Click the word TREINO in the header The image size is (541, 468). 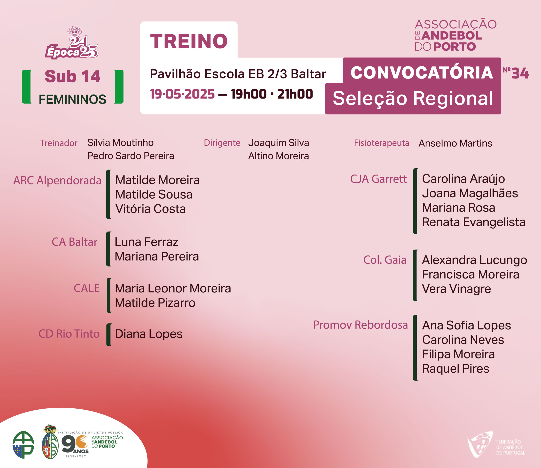[189, 41]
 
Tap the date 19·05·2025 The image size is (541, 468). [182, 94]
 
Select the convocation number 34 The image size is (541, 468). [520, 73]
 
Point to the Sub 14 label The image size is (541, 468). [72, 76]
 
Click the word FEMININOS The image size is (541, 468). [72, 99]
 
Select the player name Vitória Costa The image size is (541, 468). [150, 209]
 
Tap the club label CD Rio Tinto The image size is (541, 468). [69, 334]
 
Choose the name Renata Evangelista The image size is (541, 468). [474, 222]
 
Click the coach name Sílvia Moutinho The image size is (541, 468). [120, 143]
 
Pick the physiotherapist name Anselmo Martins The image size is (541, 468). [455, 143]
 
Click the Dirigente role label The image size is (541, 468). [222, 143]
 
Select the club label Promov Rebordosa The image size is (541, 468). [360, 325]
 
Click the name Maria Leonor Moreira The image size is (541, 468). [173, 288]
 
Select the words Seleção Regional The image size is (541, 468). [413, 99]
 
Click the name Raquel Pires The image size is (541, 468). [456, 369]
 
